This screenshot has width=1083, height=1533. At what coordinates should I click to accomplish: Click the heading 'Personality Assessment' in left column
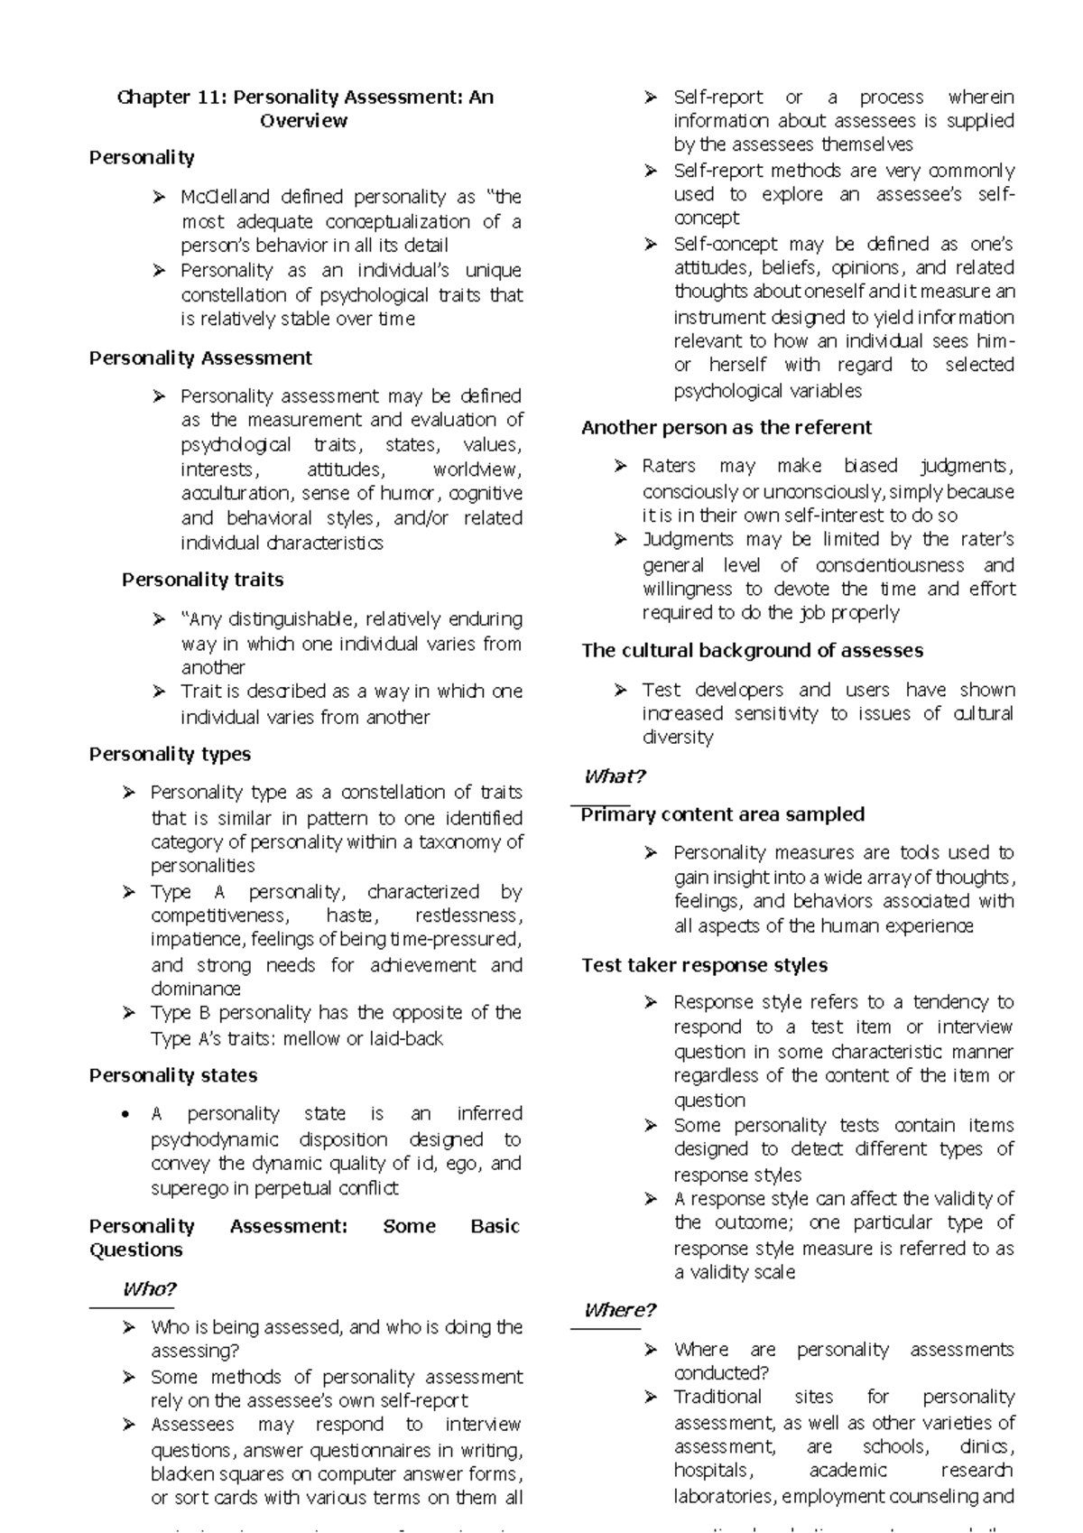pyautogui.click(x=200, y=358)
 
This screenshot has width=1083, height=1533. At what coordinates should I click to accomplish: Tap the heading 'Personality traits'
pyautogui.click(x=202, y=580)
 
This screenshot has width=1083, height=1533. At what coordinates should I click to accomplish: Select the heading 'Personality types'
pyautogui.click(x=170, y=754)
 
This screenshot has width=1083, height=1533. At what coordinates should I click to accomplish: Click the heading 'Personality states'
pyautogui.click(x=173, y=1075)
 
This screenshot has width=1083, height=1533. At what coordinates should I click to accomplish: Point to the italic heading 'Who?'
pyautogui.click(x=149, y=1289)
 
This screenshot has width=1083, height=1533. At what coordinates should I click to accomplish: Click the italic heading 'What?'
pyautogui.click(x=615, y=776)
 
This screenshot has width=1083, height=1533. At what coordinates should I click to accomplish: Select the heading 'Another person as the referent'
pyautogui.click(x=727, y=428)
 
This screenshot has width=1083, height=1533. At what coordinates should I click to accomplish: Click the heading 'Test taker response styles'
pyautogui.click(x=704, y=965)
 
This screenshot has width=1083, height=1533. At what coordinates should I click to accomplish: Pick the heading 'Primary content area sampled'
pyautogui.click(x=722, y=814)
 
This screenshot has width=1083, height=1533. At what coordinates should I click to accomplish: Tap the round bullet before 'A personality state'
pyautogui.click(x=126, y=1115)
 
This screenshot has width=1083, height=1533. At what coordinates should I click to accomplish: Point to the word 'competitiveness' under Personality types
pyautogui.click(x=218, y=916)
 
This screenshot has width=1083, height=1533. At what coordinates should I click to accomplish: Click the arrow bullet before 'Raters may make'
pyautogui.click(x=620, y=467)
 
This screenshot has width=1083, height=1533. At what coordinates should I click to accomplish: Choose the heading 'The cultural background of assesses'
pyautogui.click(x=752, y=651)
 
